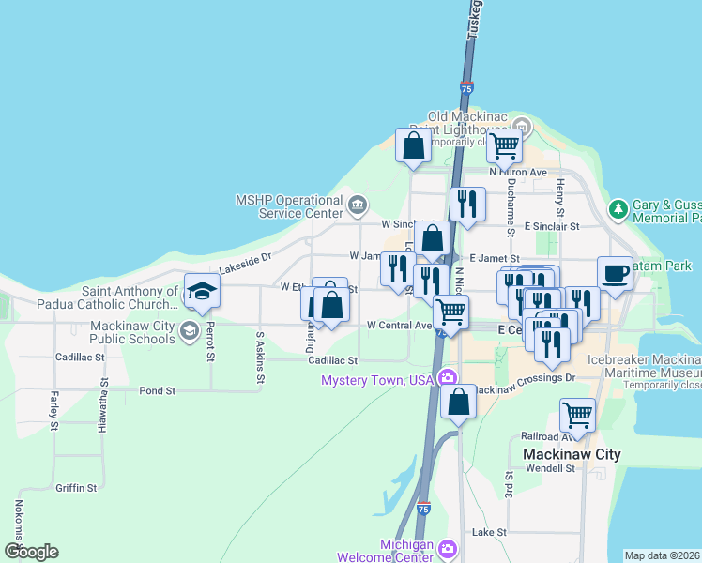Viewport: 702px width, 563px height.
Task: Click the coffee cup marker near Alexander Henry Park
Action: point(615,273)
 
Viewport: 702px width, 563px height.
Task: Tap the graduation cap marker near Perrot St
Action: point(202,292)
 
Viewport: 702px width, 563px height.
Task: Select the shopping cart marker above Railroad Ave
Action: point(577,415)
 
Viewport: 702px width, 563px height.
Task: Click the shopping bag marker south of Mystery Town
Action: point(458,402)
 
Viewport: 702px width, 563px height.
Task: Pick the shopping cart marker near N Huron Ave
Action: point(505,146)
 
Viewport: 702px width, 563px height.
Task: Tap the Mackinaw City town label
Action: point(571,454)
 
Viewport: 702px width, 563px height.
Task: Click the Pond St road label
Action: point(157,390)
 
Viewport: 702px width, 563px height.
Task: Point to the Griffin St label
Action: point(76,488)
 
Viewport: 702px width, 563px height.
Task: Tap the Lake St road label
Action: point(489,532)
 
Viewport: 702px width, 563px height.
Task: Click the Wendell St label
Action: point(549,468)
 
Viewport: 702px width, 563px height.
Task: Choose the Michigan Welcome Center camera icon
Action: point(448,547)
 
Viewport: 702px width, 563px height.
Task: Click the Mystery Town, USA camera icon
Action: point(449,379)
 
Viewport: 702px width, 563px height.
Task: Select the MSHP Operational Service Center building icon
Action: point(357,205)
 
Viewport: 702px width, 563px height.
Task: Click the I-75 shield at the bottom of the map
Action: point(423,509)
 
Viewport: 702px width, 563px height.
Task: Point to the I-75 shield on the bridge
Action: point(466,89)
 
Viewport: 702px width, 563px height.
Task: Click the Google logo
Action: point(31,552)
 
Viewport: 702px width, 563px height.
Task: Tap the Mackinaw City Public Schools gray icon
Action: point(189,330)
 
